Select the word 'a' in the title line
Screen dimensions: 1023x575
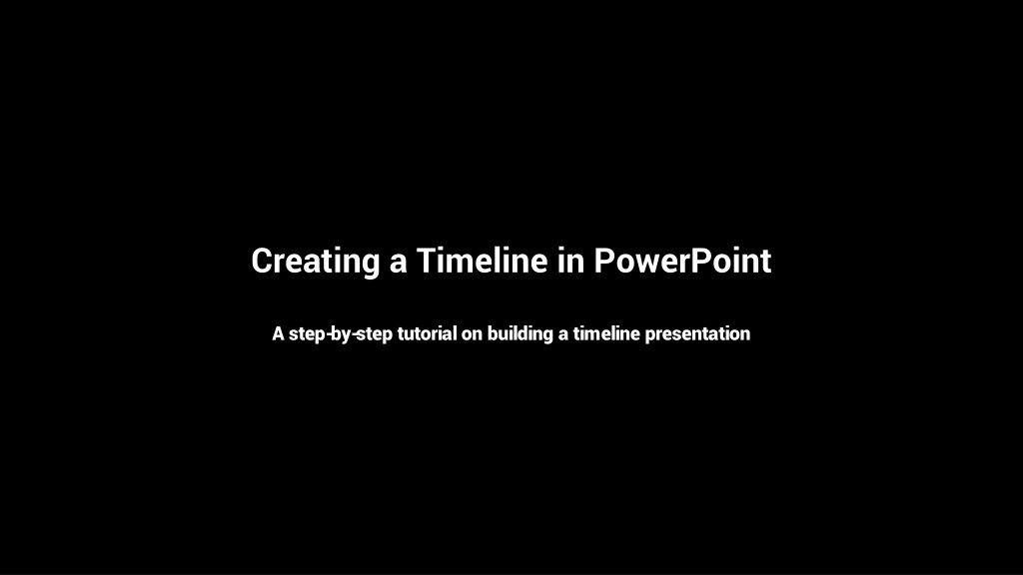(399, 264)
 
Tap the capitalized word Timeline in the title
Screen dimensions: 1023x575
(483, 261)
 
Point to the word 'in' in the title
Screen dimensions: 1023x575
(570, 261)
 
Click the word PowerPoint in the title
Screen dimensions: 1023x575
(682, 261)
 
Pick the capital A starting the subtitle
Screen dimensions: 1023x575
(278, 333)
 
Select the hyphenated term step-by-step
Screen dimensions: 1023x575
(341, 335)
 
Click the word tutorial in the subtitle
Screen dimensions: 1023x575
(427, 333)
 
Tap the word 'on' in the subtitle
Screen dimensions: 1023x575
(472, 335)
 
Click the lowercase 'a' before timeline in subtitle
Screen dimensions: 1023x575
(563, 335)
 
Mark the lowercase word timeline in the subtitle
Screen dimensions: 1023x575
(606, 333)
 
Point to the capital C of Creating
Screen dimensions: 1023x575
(263, 261)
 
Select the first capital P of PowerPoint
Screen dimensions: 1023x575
(604, 261)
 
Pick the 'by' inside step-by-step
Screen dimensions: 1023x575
(340, 335)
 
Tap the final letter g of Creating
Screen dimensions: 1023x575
(371, 267)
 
